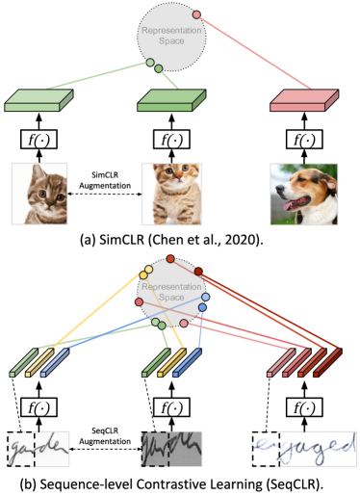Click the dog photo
click(303, 193)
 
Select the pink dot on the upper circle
click(196, 14)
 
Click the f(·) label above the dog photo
click(303, 141)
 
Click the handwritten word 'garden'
click(39, 448)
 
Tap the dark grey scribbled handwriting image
click(171, 448)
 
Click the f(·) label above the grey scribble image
click(171, 408)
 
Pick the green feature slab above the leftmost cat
click(39, 100)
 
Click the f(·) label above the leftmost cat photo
click(39, 141)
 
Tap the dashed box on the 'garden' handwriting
click(21, 448)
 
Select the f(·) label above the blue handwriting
click(303, 408)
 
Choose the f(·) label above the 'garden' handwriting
click(39, 408)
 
